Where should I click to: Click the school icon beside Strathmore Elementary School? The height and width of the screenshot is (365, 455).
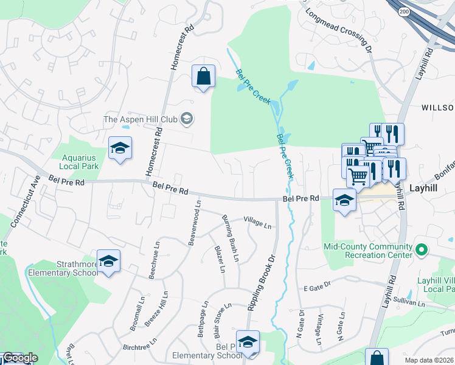pyautogui.click(x=109, y=261)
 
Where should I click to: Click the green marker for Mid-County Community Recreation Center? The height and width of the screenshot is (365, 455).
pyautogui.click(x=420, y=249)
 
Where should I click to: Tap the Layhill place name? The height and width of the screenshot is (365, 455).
pyautogui.click(x=425, y=189)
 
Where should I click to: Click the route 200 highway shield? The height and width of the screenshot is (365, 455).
pyautogui.click(x=404, y=12)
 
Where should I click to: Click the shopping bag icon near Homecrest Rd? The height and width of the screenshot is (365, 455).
pyautogui.click(x=203, y=77)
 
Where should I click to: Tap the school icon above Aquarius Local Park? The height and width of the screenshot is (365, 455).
pyautogui.click(x=120, y=148)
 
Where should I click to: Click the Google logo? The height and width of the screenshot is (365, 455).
pyautogui.click(x=20, y=358)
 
